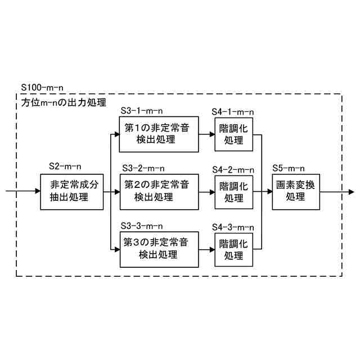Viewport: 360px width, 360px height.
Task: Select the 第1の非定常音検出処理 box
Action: tap(158, 134)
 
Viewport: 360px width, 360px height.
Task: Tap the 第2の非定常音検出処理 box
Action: tap(158, 191)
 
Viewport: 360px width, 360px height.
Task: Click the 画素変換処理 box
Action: tap(294, 191)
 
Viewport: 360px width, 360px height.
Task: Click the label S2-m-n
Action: tap(65, 167)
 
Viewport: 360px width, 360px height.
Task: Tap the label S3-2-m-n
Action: tap(142, 168)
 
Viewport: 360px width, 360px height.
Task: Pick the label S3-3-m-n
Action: tap(142, 226)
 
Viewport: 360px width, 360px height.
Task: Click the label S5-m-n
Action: tap(289, 168)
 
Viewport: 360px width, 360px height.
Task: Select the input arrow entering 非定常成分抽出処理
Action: tap(22, 191)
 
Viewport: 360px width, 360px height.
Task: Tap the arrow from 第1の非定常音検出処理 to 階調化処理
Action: tap(206, 134)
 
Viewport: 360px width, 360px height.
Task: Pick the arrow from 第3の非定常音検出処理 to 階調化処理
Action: tap(206, 249)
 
